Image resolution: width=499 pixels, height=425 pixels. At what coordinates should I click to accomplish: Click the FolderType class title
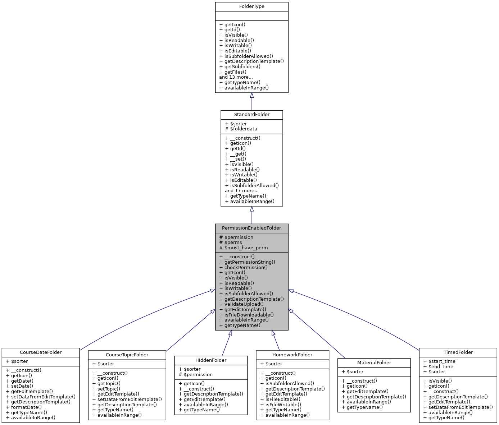point(251,6)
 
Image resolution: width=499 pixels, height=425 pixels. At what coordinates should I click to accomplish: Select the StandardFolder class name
point(251,115)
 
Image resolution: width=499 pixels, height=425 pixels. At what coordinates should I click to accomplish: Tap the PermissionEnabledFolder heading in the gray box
point(251,228)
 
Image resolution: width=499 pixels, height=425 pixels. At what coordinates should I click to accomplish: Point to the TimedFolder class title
point(458,352)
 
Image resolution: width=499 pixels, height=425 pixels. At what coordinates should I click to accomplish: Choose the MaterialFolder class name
point(374,363)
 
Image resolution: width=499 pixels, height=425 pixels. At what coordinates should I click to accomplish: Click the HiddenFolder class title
point(211,360)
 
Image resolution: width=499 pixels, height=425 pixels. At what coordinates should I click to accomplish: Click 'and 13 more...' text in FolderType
point(236,77)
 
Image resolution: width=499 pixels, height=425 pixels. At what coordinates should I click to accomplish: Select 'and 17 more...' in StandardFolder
point(241,191)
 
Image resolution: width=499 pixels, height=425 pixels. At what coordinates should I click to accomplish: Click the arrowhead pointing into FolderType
point(252,96)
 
